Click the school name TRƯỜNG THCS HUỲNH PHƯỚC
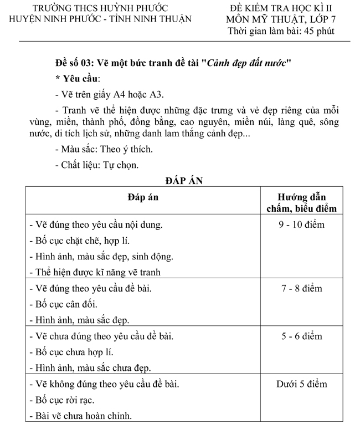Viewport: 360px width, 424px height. point(100,8)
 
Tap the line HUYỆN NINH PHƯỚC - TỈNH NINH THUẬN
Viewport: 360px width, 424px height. point(100,19)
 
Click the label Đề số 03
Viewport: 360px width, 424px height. point(73,62)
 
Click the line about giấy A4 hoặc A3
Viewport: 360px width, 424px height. point(110,94)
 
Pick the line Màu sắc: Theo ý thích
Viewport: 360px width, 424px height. point(104,149)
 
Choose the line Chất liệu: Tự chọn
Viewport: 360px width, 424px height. point(97,165)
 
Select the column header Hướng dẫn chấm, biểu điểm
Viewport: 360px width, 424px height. point(302,203)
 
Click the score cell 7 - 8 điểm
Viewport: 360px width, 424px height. point(302,288)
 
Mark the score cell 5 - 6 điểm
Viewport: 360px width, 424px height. point(302,336)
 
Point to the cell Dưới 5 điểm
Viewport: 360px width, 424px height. point(302,384)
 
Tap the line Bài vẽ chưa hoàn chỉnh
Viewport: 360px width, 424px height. point(80,416)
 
